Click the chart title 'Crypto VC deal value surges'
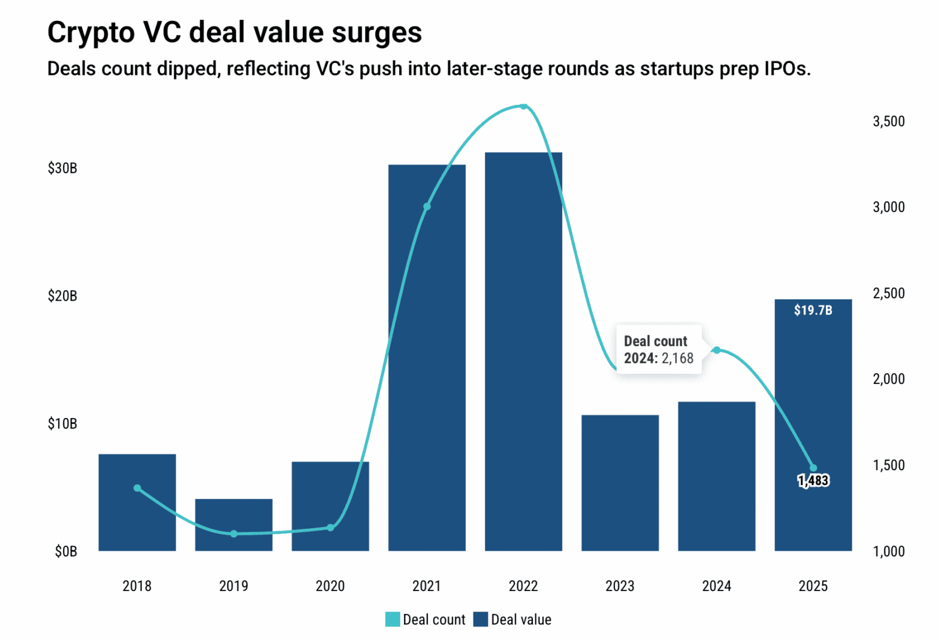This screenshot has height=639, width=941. coord(234,32)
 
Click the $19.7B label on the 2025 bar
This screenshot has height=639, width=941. coord(813,310)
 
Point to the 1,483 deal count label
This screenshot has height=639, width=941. coord(813,480)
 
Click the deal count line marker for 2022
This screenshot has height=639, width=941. coord(523,107)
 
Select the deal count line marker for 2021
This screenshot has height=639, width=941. coord(427,207)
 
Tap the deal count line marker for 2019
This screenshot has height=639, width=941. coord(234,534)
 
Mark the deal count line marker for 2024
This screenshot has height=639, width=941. coord(716,350)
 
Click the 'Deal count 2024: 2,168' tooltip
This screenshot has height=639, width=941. coord(658,350)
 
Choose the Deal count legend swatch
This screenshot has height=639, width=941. coord(393,619)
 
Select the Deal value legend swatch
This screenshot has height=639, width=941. coord(480,619)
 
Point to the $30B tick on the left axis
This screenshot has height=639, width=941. coord(62,168)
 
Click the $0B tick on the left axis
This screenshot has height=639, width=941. coord(65,552)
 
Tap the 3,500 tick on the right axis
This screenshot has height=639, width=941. coord(888,122)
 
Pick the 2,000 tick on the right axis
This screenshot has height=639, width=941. coord(888,379)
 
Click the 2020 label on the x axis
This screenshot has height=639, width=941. coord(330,586)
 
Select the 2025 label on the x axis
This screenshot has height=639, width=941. coord(813,586)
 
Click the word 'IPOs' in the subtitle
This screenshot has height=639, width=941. coord(786,69)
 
